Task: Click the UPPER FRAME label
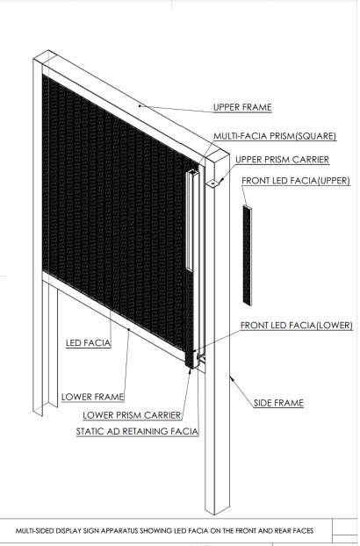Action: [x=242, y=107]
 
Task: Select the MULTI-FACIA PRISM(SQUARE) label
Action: [x=275, y=136]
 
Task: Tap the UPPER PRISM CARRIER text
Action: [x=283, y=160]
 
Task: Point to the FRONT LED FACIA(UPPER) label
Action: [x=296, y=180]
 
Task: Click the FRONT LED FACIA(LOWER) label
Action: [x=297, y=326]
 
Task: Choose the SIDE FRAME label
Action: [x=278, y=403]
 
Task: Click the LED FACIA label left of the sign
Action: [x=89, y=343]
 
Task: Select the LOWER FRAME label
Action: [x=92, y=397]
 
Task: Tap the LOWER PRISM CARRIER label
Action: [x=132, y=415]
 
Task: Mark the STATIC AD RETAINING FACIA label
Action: [x=137, y=431]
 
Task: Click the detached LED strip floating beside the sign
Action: [x=248, y=255]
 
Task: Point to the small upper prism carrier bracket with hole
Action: [x=213, y=183]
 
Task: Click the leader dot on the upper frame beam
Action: [x=140, y=105]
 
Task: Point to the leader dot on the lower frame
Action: [x=129, y=329]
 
